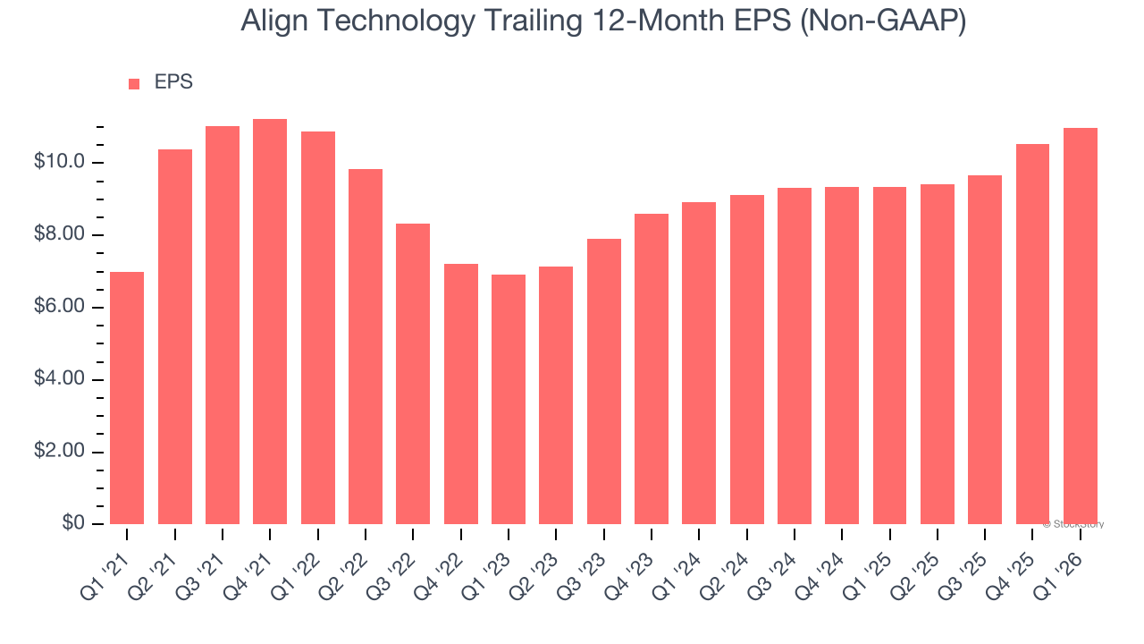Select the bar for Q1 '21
pyautogui.click(x=127, y=398)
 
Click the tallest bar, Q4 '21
pyautogui.click(x=270, y=322)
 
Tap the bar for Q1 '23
pyautogui.click(x=509, y=400)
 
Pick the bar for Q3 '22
pyautogui.click(x=413, y=374)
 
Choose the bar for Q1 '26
pyautogui.click(x=1081, y=326)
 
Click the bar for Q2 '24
pyautogui.click(x=746, y=360)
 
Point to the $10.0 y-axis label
pyautogui.click(x=59, y=163)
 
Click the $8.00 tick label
pyautogui.click(x=59, y=235)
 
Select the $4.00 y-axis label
pyautogui.click(x=59, y=380)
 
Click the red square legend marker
pyautogui.click(x=134, y=84)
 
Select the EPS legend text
pyautogui.click(x=173, y=82)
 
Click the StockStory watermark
pyautogui.click(x=1075, y=525)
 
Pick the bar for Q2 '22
pyautogui.click(x=366, y=347)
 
